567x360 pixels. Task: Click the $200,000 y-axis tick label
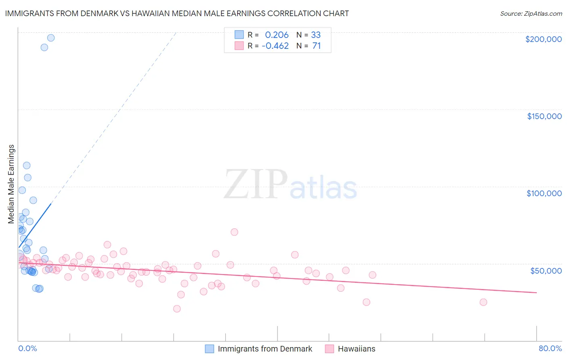point(543,39)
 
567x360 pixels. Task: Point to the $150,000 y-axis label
point(544,116)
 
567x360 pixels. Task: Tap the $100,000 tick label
point(544,193)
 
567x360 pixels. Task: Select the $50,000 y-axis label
point(546,270)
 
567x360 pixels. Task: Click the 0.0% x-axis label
point(27,348)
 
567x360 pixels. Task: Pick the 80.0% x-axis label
point(550,348)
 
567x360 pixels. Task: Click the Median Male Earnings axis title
point(11,184)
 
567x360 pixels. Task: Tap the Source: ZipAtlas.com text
point(531,13)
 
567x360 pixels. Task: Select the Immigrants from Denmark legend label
point(265,349)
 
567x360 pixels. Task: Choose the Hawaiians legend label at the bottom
point(356,349)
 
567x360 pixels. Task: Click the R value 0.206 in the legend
point(277,35)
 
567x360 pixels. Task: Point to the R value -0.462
point(275,46)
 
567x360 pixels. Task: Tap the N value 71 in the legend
point(317,46)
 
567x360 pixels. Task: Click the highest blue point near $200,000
point(51,38)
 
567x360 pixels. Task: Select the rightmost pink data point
point(483,302)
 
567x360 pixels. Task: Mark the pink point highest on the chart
point(234,232)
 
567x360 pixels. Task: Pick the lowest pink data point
point(177,309)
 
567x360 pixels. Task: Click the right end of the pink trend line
point(536,292)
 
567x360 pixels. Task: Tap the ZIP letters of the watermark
point(256,184)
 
